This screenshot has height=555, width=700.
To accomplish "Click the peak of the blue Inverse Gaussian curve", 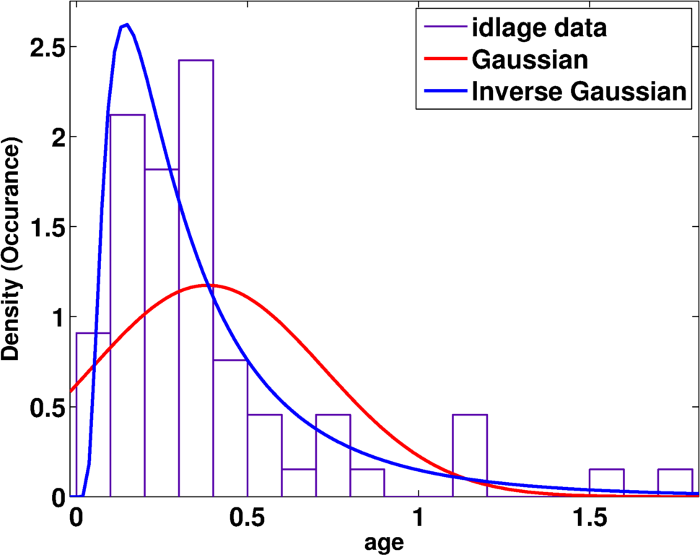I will coord(126,25).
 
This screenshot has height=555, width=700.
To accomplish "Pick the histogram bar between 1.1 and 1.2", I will coord(470,455).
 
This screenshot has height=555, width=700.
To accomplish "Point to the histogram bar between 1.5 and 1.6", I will coord(606,483).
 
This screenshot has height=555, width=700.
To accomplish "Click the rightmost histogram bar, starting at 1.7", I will coord(675,483).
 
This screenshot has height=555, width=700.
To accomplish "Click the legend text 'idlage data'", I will coord(538,30).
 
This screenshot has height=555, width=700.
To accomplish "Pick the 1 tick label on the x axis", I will coord(419,517).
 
